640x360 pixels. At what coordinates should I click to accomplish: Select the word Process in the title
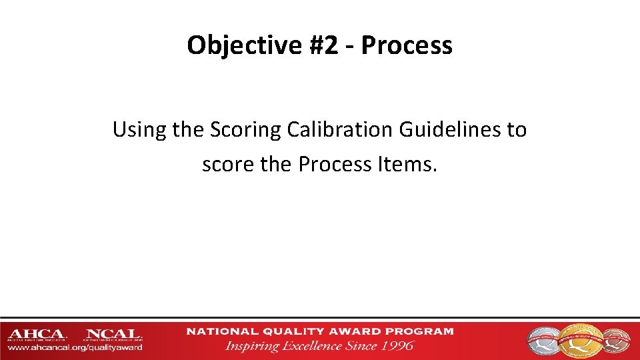408,45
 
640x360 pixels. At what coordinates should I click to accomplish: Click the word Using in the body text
139,129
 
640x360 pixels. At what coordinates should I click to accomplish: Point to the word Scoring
246,129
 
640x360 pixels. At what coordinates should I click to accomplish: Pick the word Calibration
341,129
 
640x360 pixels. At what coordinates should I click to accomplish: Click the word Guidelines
451,129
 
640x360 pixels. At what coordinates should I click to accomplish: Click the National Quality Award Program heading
320,331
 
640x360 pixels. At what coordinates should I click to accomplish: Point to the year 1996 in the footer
398,345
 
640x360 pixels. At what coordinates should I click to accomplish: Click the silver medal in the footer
545,339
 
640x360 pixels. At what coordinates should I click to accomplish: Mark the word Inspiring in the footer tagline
253,345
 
